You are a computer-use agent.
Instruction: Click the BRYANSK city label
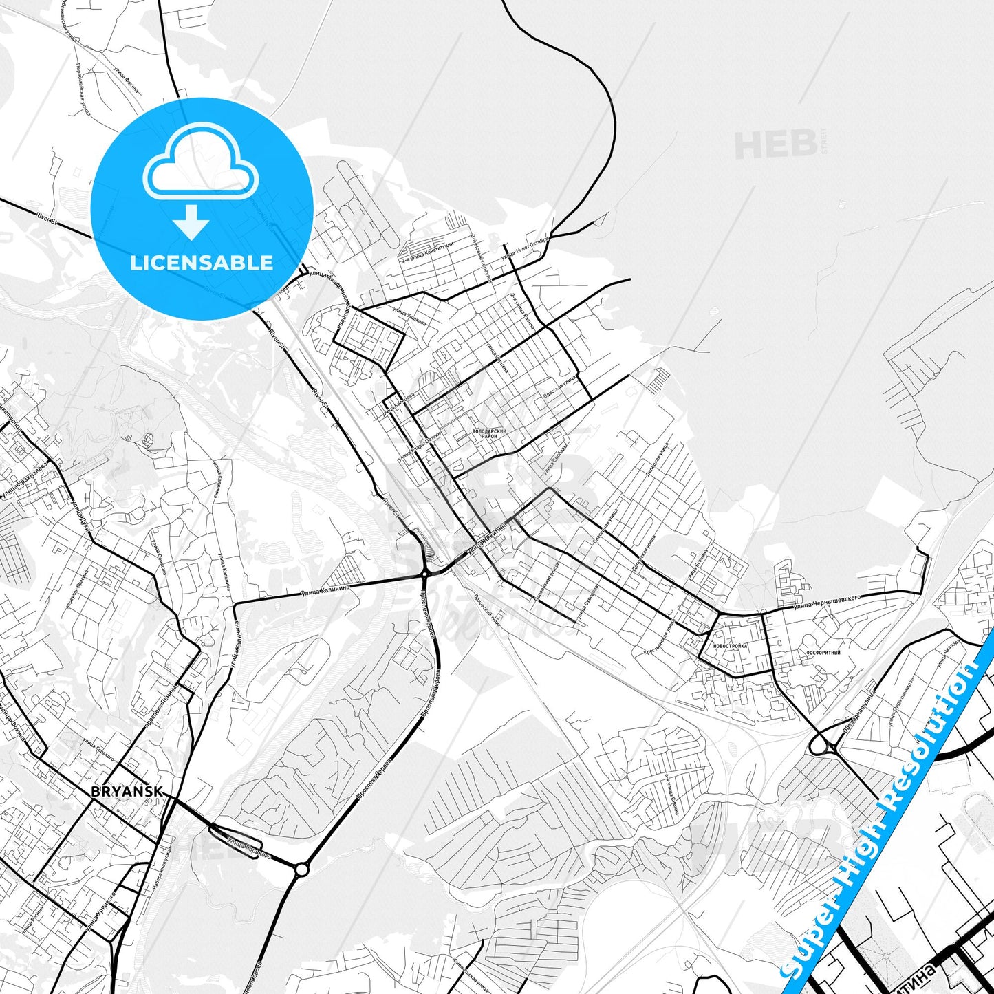[x=127, y=792]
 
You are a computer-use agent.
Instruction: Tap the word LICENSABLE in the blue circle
[x=202, y=263]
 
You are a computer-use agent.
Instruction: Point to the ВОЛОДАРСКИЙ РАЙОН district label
[x=490, y=434]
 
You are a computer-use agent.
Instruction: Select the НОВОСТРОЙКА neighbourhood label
[x=730, y=647]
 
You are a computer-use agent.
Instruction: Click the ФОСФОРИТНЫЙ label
[x=823, y=653]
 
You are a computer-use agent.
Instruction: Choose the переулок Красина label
[x=77, y=590]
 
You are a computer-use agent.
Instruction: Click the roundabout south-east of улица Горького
[x=301, y=871]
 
